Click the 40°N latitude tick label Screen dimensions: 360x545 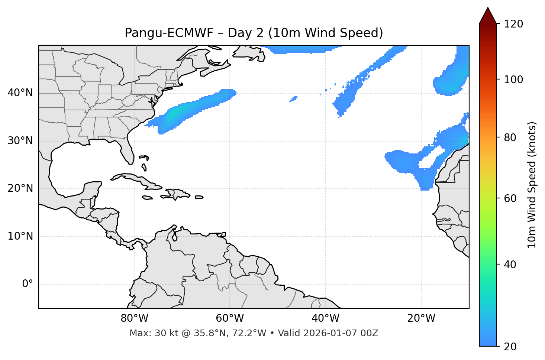pyautogui.click(x=20, y=93)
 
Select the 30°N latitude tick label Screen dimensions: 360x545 pyautogui.click(x=20, y=141)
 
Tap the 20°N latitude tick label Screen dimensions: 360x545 pyautogui.click(x=20, y=189)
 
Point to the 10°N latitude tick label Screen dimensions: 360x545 pyautogui.click(x=20, y=236)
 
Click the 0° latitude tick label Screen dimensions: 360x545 pyautogui.click(x=28, y=284)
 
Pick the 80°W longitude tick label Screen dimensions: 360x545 pyautogui.click(x=134, y=318)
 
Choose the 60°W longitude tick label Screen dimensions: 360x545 pyautogui.click(x=230, y=318)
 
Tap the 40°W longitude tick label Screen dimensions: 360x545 pyautogui.click(x=326, y=318)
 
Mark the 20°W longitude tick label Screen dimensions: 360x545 pyautogui.click(x=421, y=318)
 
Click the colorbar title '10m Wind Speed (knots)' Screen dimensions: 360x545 pyautogui.click(x=532, y=185)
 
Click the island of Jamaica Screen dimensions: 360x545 pyautogui.click(x=147, y=198)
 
